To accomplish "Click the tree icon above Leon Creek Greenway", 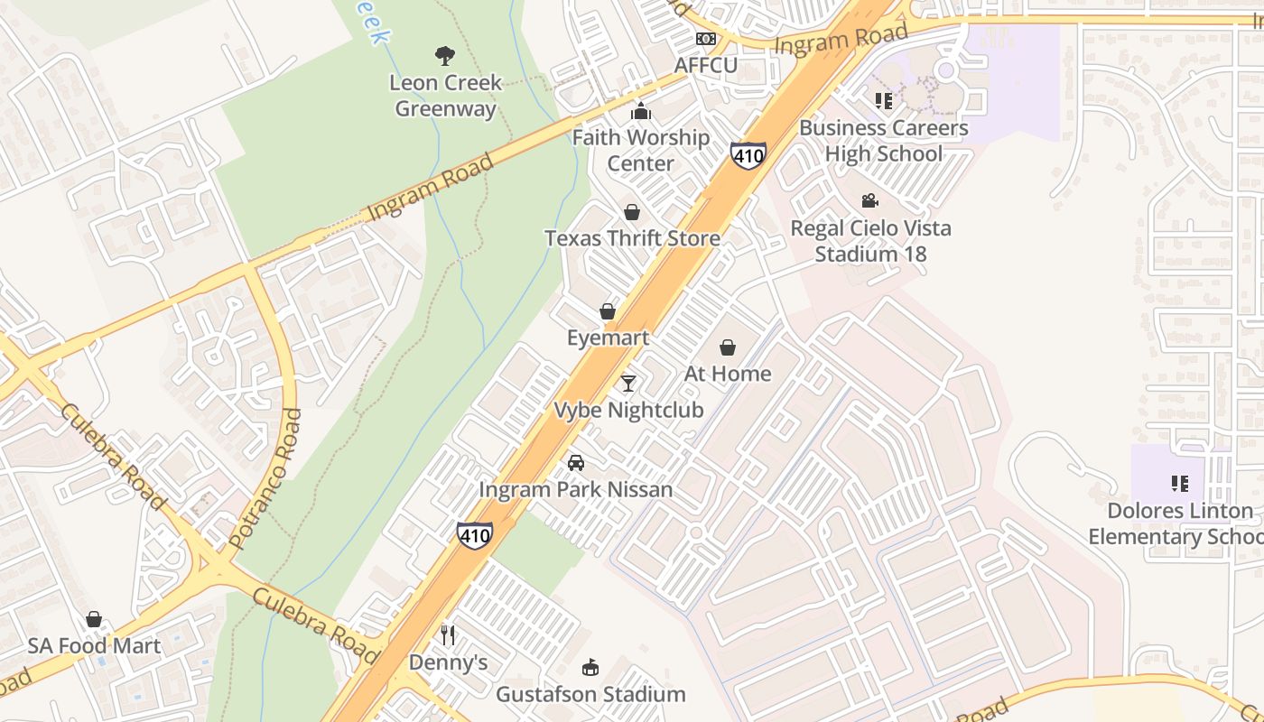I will point(444,56).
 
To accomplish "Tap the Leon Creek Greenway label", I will point(445,96).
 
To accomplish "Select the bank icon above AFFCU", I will point(706,39).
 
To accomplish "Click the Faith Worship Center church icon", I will point(641,112).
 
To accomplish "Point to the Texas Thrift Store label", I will point(632,238).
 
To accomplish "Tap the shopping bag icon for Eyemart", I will point(608,311).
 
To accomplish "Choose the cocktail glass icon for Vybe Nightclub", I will point(628,384).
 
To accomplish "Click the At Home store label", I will point(728,374).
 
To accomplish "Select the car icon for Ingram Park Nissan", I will point(575,463).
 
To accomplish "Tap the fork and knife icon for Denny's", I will point(448,635).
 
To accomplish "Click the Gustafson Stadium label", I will point(590,694).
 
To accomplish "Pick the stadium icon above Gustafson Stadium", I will point(590,668).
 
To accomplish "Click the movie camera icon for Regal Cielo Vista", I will point(870,200).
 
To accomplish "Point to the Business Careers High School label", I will point(883,141).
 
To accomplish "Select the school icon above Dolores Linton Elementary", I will point(1179,484).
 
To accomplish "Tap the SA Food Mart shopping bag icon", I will point(94,619).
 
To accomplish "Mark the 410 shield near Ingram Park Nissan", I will point(475,535).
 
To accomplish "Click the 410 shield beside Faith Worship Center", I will point(748,155).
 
